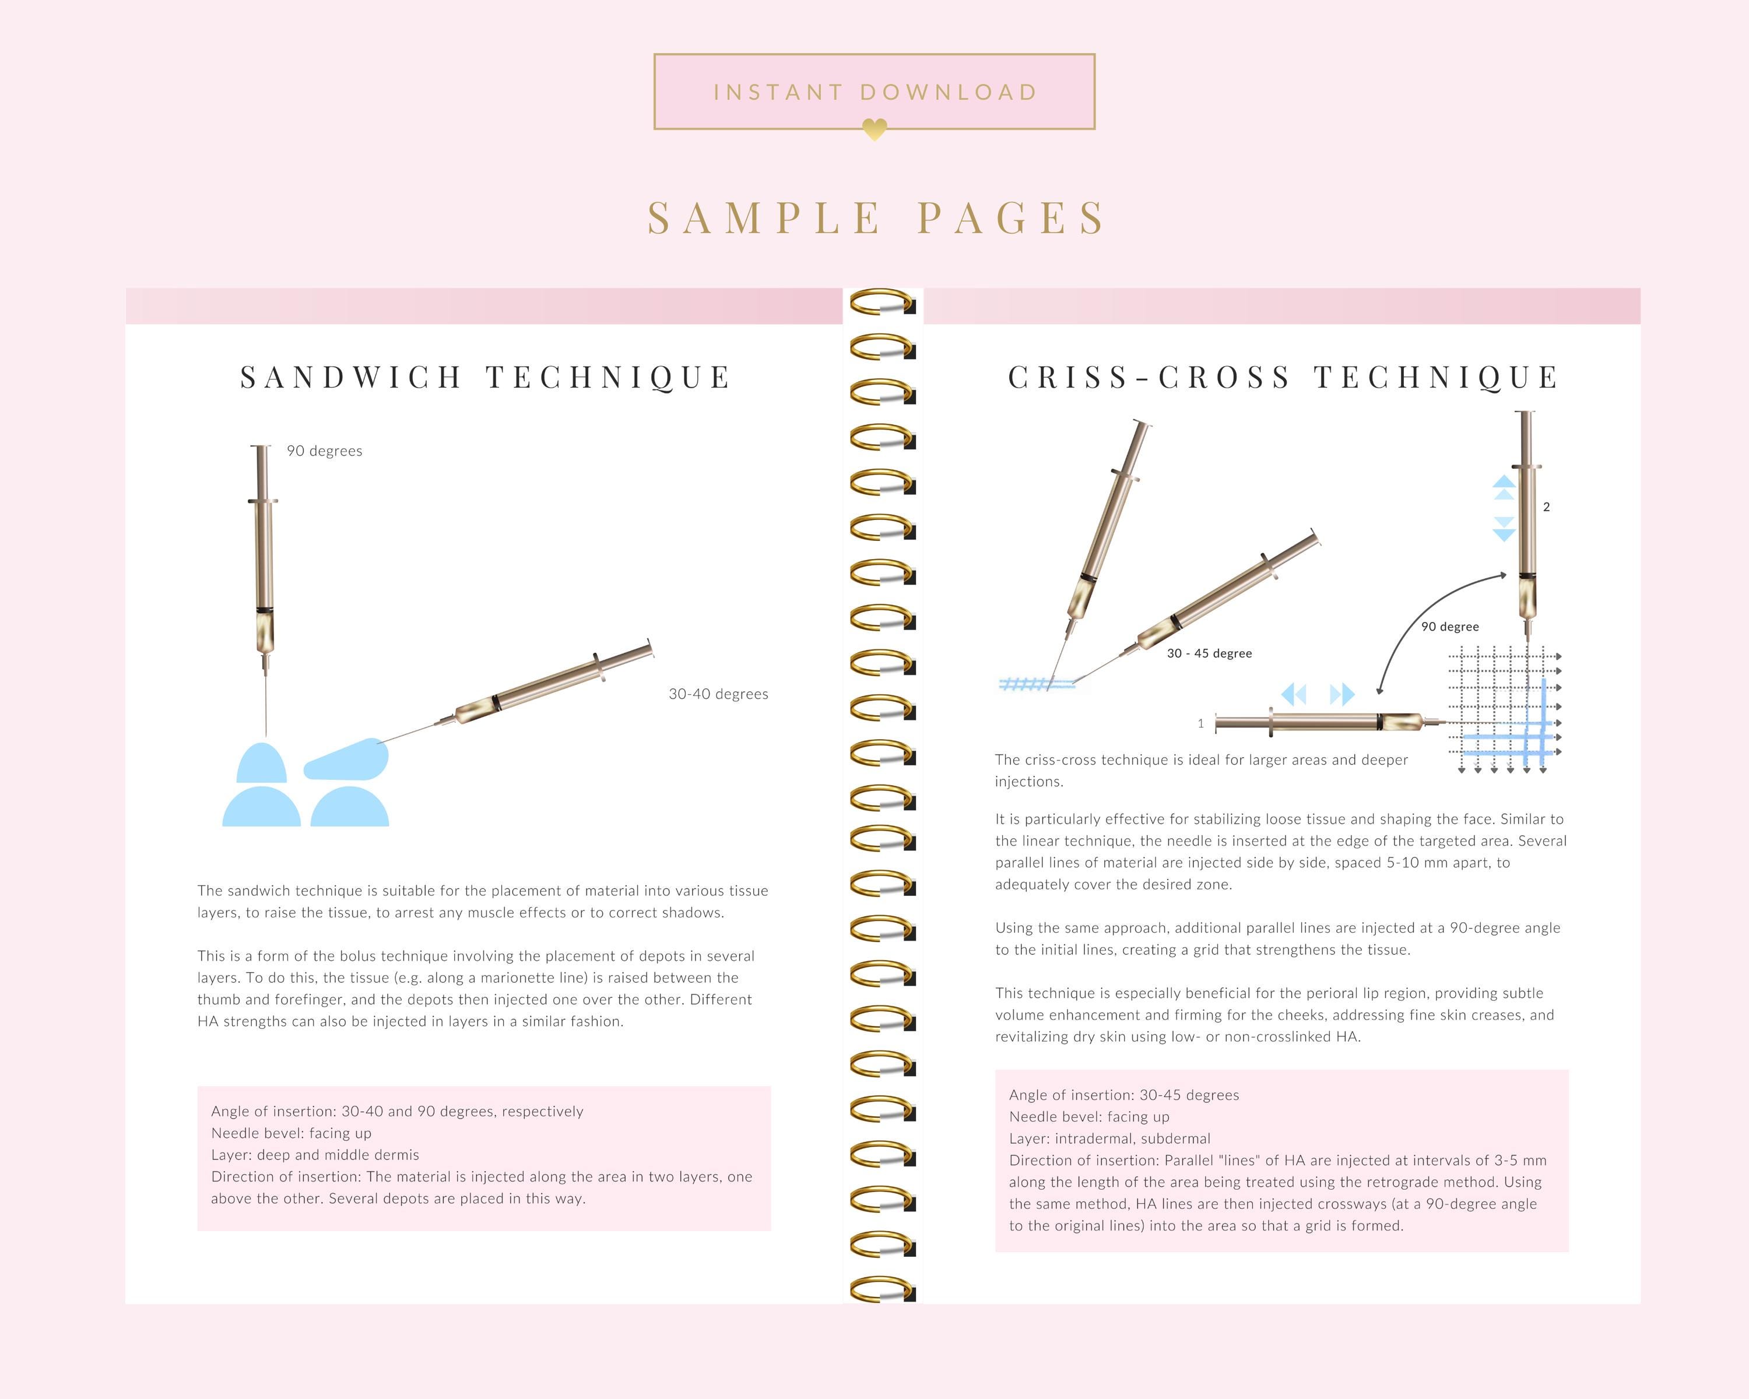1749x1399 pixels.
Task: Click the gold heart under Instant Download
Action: (x=874, y=129)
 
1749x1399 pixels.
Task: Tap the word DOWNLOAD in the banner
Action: (x=949, y=93)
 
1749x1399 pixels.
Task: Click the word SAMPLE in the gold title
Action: (x=764, y=218)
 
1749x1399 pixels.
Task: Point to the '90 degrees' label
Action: (x=325, y=451)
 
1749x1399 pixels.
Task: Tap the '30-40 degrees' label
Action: (x=718, y=694)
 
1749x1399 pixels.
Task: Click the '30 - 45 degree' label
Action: (x=1209, y=653)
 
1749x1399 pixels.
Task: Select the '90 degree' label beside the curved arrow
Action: (x=1450, y=627)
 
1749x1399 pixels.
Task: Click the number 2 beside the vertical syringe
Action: (x=1546, y=507)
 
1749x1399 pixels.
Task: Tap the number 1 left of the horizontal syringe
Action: (x=1200, y=723)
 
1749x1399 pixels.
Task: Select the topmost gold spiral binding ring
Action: (x=882, y=303)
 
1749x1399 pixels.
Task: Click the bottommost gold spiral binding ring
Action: (x=882, y=1289)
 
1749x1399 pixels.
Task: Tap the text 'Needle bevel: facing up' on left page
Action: (x=291, y=1133)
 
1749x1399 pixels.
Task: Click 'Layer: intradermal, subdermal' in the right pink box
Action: (x=1110, y=1138)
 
